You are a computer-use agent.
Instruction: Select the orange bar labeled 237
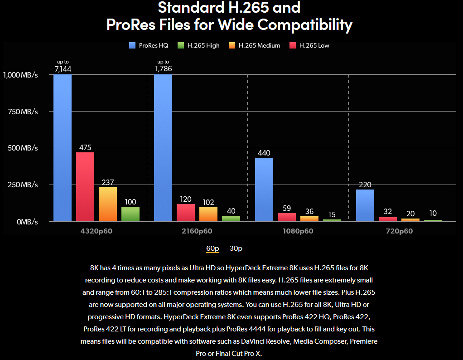pyautogui.click(x=108, y=204)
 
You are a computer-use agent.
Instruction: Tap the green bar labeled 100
pyautogui.click(x=130, y=214)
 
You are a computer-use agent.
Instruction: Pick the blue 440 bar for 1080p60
pyautogui.click(x=264, y=190)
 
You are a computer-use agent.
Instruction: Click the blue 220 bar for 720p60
pyautogui.click(x=365, y=205)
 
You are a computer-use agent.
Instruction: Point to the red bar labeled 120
pyautogui.click(x=186, y=213)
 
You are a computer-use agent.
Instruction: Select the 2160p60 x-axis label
pyautogui.click(x=198, y=231)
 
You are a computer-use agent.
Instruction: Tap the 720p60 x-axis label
pyautogui.click(x=399, y=231)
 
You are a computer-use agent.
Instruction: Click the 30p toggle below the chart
pyautogui.click(x=236, y=248)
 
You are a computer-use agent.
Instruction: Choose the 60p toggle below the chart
pyautogui.click(x=212, y=248)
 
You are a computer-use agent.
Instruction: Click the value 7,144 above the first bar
pyautogui.click(x=63, y=69)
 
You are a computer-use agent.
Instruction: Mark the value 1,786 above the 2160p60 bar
pyautogui.click(x=163, y=69)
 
